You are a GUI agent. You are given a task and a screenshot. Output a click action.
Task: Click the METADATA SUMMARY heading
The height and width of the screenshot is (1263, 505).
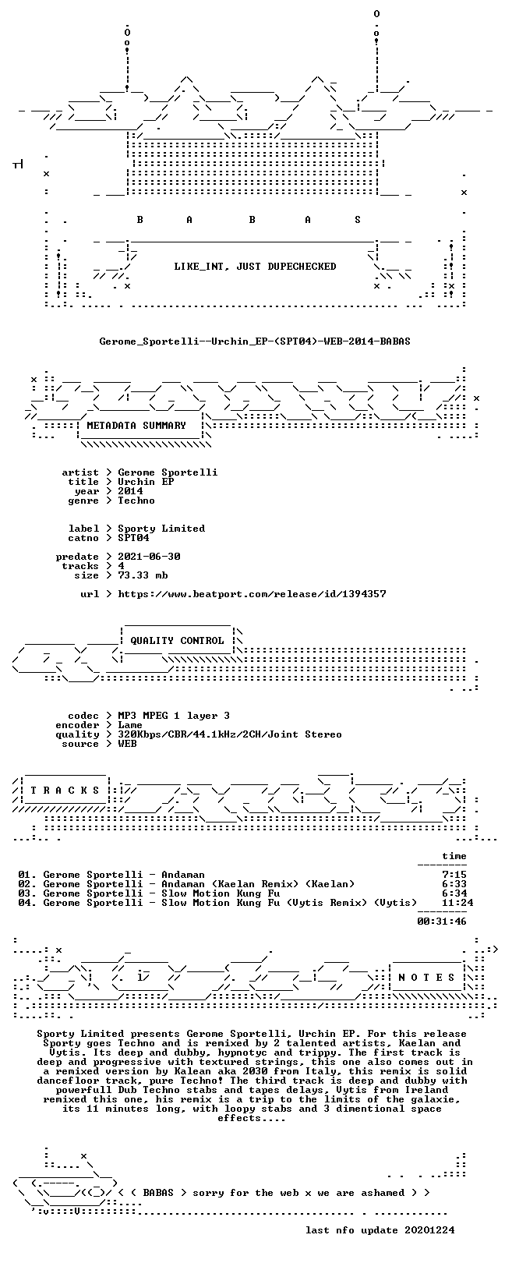tap(136, 426)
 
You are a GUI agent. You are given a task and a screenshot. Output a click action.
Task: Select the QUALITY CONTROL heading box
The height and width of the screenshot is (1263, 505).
tap(178, 641)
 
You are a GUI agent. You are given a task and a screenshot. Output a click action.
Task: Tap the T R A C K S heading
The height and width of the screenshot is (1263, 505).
tap(65, 791)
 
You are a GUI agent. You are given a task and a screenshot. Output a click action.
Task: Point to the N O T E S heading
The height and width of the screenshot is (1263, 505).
tap(426, 977)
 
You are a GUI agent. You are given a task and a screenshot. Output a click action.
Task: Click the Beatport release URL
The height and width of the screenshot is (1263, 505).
tap(252, 594)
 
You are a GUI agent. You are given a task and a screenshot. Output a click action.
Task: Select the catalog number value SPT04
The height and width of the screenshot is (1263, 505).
tap(133, 538)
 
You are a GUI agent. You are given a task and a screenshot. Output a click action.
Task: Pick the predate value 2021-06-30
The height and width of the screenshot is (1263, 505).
tap(150, 557)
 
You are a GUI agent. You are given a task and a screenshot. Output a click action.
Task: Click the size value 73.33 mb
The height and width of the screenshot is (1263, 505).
tap(143, 575)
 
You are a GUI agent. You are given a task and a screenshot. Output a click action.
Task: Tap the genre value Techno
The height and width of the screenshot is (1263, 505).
tap(136, 500)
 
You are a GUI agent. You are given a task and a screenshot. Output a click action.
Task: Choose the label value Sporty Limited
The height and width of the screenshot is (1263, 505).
tap(161, 529)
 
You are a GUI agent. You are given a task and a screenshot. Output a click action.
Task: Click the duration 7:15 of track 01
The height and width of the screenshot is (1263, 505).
tap(454, 875)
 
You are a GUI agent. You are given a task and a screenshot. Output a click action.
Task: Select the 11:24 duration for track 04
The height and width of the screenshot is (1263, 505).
tap(457, 903)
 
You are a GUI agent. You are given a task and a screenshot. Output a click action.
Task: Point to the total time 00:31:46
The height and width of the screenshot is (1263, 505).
tap(442, 922)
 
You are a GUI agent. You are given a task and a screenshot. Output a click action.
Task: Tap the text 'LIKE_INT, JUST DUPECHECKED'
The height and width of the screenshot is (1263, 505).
tap(255, 266)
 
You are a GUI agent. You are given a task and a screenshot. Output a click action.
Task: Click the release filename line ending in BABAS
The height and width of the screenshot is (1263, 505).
tap(255, 341)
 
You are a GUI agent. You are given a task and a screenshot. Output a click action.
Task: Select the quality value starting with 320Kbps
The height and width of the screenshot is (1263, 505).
tap(230, 734)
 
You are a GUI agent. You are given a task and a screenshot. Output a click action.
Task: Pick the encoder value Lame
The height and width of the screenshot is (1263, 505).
tap(130, 724)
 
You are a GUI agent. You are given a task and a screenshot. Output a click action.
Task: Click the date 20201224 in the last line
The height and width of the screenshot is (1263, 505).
tap(429, 1229)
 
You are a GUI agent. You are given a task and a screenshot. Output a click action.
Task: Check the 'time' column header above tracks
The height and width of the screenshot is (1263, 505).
tap(454, 856)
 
